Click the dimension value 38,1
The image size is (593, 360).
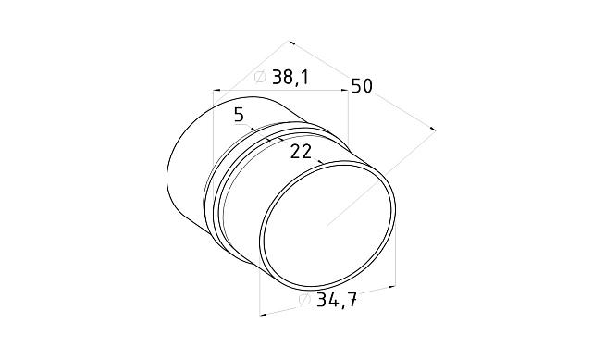[290, 78]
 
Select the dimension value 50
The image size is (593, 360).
[362, 86]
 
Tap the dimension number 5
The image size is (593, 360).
[239, 115]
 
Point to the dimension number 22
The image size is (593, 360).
[301, 152]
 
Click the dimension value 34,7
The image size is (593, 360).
[337, 300]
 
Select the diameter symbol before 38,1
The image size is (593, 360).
[260, 77]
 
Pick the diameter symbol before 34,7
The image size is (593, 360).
[304, 299]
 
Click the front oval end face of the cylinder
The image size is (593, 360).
[327, 225]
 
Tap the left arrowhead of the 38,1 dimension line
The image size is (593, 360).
[216, 91]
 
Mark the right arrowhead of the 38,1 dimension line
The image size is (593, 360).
[344, 90]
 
